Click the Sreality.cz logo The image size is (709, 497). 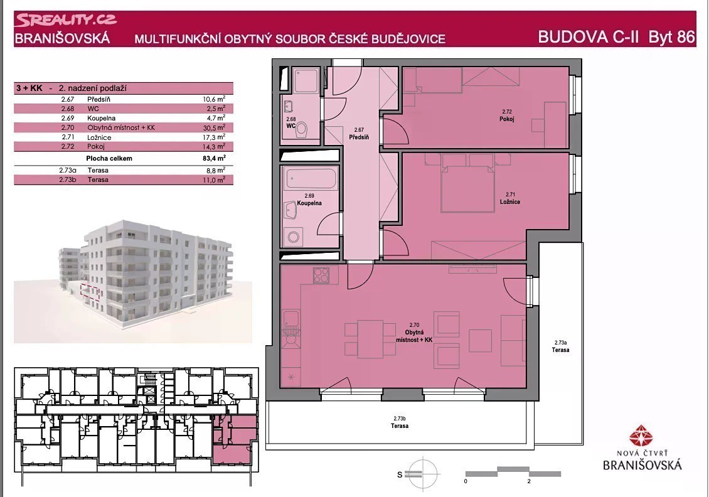click(66, 20)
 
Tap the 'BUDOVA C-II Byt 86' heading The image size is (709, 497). click(616, 36)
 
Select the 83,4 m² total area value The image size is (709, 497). click(215, 158)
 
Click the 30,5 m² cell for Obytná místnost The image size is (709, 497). click(215, 127)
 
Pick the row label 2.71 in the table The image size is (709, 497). click(67, 137)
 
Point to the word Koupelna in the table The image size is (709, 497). click(101, 118)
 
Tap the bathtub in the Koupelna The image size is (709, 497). click(310, 179)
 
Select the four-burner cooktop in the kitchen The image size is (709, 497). click(321, 275)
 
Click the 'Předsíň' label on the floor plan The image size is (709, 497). click(359, 137)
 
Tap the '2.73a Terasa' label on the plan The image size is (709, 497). click(560, 346)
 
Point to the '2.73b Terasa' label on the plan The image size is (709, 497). click(400, 422)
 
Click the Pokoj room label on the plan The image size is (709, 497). click(506, 119)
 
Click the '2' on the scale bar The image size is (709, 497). click(528, 481)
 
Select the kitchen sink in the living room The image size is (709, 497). click(291, 318)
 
